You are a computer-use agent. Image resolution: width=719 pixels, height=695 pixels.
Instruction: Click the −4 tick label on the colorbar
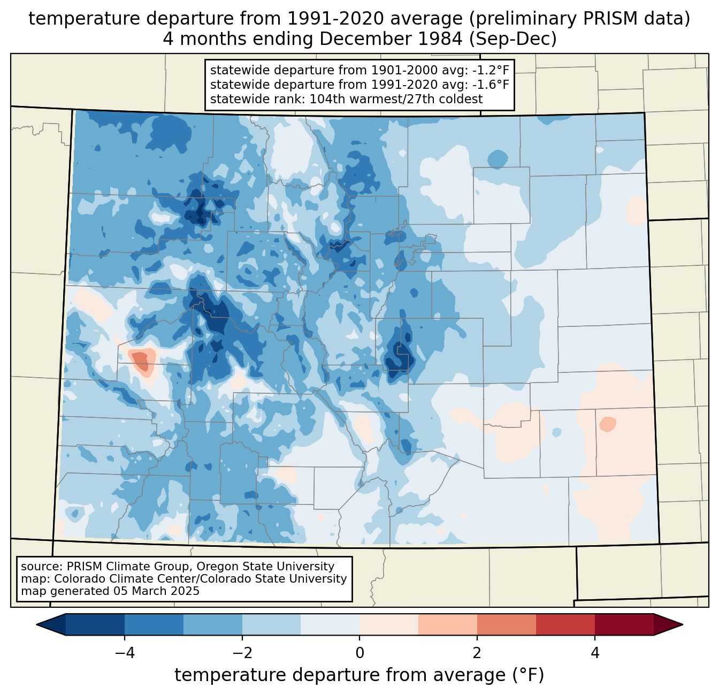coord(125,653)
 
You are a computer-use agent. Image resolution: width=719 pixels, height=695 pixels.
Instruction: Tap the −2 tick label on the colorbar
coord(242,653)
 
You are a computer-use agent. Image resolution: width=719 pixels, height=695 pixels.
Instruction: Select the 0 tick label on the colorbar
coord(359,653)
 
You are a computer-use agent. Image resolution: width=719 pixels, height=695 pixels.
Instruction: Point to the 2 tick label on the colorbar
coord(477,653)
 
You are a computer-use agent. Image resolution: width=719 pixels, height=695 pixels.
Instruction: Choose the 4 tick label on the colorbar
coord(594,653)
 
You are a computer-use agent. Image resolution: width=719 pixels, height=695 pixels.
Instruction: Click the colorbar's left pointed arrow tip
coord(37,624)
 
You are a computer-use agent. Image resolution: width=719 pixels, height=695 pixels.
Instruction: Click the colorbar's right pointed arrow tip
coord(682,624)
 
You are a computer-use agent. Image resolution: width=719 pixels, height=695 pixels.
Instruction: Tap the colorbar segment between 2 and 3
coord(507,624)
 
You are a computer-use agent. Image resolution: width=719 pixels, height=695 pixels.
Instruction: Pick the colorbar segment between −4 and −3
coord(154,624)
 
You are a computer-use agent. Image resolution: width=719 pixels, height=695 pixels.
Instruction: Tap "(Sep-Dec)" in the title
coord(513,39)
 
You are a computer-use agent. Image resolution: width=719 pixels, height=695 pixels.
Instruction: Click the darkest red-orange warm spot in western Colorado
coord(142,360)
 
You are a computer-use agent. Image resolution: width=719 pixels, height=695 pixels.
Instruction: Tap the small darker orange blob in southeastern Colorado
coord(607,424)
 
